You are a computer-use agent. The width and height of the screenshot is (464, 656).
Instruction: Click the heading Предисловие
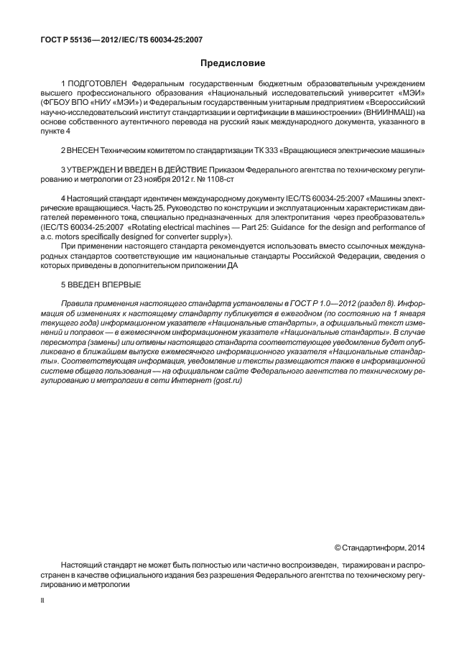tap(232, 63)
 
